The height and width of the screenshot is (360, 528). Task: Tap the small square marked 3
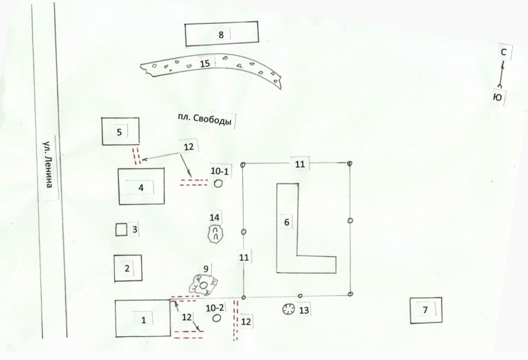(x=121, y=230)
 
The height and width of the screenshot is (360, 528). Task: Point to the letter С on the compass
(x=504, y=52)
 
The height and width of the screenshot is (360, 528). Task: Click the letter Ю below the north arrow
(x=498, y=97)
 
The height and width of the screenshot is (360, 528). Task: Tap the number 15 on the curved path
(x=205, y=63)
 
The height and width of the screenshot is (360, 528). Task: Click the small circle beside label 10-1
(x=218, y=184)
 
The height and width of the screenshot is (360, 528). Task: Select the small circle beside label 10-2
(x=217, y=318)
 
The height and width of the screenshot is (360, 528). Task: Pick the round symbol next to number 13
(x=288, y=309)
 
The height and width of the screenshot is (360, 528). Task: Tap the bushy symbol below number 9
(x=203, y=285)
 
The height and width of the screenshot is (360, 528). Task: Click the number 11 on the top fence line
(x=300, y=164)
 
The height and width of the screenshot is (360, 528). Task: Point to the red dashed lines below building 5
(x=137, y=156)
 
